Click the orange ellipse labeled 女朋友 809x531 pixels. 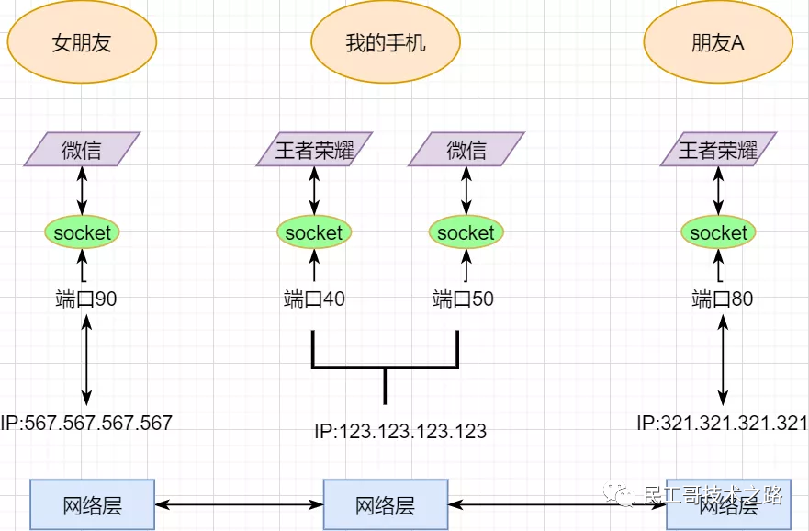82,42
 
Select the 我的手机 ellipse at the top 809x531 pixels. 385,42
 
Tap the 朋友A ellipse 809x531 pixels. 717,42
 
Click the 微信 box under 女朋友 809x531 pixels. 82,149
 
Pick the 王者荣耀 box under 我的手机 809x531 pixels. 314,149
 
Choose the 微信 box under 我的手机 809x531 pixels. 466,149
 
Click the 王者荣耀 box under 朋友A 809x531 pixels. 718,149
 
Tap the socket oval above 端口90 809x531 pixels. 82,232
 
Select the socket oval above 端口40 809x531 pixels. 314,232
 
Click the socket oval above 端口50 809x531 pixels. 466,232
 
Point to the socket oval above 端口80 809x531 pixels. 718,232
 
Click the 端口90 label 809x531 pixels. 86,299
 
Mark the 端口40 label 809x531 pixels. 314,299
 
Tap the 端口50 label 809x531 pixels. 463,299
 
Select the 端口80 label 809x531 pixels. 722,299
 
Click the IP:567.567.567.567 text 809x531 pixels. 86,423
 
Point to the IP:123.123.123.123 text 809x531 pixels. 400,431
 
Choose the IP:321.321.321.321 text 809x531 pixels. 722,423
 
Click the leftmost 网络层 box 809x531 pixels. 92,504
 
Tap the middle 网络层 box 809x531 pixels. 386,504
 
